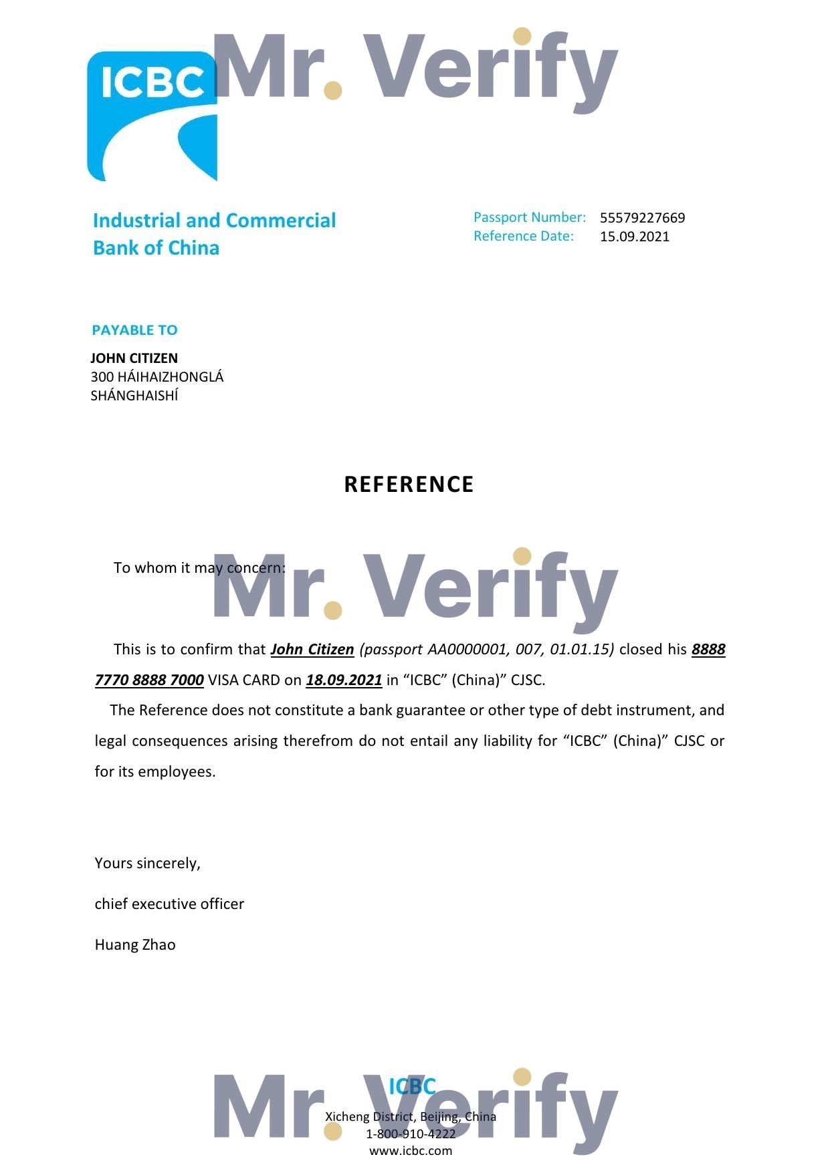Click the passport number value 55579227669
point(642,218)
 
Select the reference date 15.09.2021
point(634,237)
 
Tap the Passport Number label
point(529,217)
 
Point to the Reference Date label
point(523,236)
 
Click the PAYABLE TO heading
point(134,330)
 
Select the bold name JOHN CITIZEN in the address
point(134,358)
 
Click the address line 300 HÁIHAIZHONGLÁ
point(157,377)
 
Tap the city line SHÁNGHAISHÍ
point(134,396)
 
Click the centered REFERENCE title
point(409,485)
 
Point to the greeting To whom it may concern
point(199,568)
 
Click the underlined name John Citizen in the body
point(312,650)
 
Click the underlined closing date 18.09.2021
point(344,680)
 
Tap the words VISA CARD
point(243,680)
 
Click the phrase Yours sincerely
point(147,864)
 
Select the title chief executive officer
point(169,904)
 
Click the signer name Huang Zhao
point(135,945)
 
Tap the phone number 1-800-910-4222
point(410,1134)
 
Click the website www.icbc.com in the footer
point(410,1151)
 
